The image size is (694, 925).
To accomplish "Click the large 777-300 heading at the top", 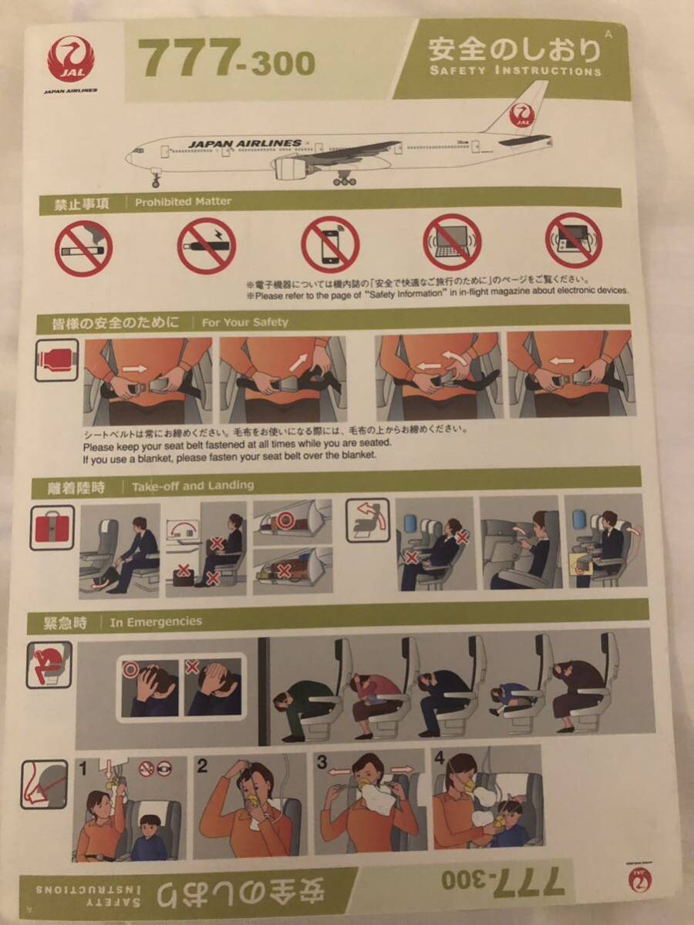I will (226, 60).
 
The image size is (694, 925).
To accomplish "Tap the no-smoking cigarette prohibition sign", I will (83, 248).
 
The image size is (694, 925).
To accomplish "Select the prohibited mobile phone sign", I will (329, 244).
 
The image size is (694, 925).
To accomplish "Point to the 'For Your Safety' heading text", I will (244, 322).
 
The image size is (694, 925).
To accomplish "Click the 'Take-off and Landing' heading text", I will (192, 486).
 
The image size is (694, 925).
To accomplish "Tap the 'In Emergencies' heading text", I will (156, 621).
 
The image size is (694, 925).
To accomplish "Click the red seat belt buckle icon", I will (57, 360).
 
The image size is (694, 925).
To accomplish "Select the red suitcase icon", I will (52, 527).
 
